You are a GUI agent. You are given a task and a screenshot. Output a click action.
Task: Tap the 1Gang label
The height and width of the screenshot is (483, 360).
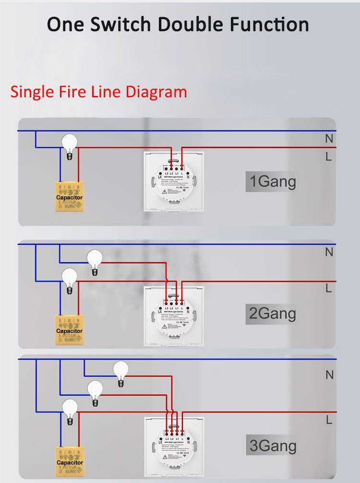272,182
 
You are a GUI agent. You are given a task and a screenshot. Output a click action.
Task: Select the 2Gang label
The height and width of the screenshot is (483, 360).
272,314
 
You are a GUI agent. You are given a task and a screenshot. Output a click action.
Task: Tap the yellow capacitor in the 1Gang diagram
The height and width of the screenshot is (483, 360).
70,196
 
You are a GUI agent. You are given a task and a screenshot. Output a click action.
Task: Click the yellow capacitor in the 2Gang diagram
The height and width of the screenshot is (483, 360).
70,330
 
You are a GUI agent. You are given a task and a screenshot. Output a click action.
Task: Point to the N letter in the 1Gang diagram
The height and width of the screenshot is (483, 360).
329,139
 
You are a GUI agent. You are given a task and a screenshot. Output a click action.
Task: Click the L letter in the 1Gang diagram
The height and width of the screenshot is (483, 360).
329,156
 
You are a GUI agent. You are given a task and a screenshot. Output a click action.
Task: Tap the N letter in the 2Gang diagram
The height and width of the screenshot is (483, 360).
329,252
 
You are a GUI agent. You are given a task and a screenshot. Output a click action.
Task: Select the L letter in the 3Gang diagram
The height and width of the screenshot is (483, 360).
329,420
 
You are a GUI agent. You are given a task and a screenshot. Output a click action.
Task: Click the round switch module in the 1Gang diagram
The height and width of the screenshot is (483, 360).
174,181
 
